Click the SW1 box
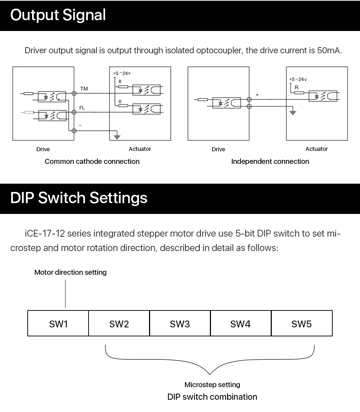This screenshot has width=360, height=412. tap(58, 323)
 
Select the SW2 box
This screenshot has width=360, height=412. tap(119, 323)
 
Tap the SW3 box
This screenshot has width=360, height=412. tap(180, 323)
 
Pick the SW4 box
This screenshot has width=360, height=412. tap(241, 323)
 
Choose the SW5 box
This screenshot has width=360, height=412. tap(302, 323)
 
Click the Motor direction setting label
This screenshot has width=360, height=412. tap(70, 272)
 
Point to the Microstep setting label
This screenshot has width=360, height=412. tap(212, 385)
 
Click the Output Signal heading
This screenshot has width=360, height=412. tap(58, 15)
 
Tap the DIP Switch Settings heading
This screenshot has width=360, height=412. tap(79, 198)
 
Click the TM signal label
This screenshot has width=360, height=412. tap(84, 89)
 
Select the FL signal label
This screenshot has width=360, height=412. tap(82, 108)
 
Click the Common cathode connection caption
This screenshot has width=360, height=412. tap(92, 161)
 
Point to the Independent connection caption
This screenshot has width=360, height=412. tap(270, 161)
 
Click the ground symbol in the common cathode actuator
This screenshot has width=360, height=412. tap(117, 136)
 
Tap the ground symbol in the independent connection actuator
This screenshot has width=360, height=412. tap(293, 112)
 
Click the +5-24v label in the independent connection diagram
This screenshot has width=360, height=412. tap(298, 79)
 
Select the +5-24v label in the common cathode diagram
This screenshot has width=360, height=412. tap(122, 73)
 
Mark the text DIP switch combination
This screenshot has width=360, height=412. tap(212, 397)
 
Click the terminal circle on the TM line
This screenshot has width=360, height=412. tap(74, 93)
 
